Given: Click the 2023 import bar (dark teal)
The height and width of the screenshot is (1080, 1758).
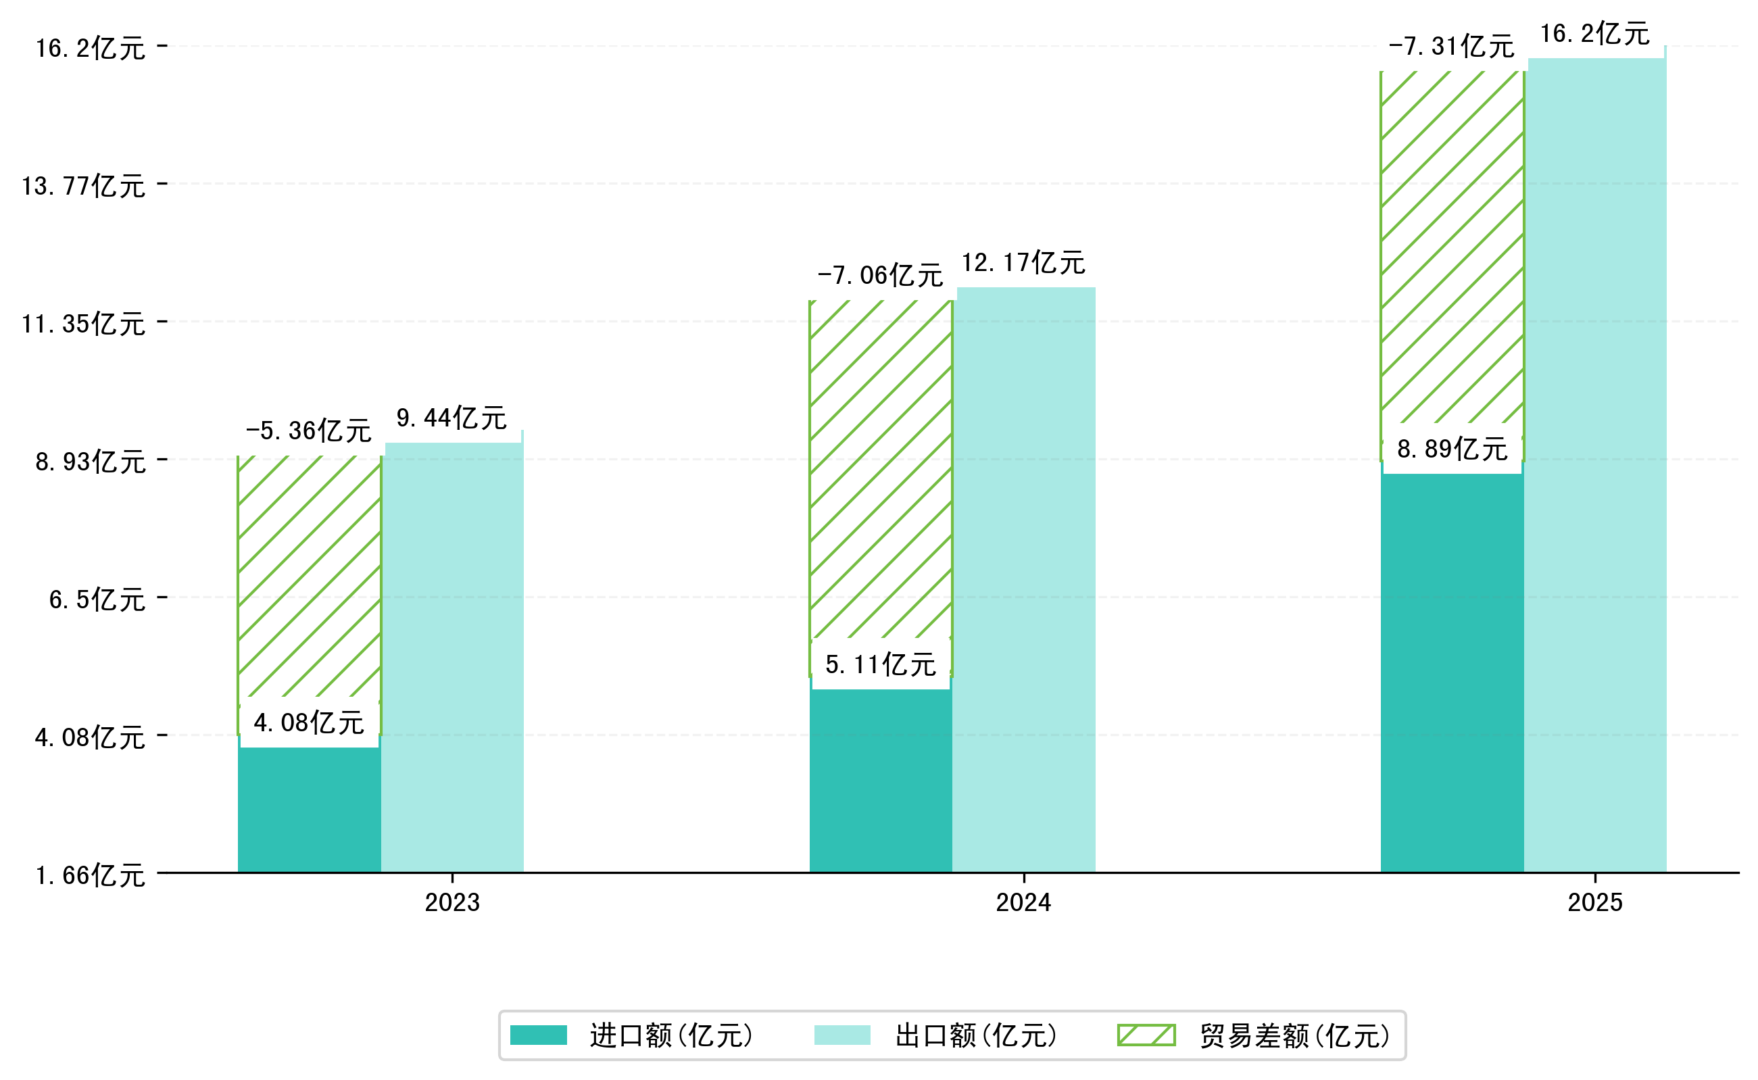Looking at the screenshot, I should click(x=309, y=811).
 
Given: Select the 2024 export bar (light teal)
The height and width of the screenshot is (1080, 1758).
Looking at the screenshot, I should click(x=1025, y=579).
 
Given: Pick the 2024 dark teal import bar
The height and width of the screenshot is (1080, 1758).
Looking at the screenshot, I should click(x=880, y=782).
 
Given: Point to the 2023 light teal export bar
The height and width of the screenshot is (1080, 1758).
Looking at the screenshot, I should click(x=454, y=657).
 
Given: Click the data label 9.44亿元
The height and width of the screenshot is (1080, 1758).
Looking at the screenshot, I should click(x=451, y=418).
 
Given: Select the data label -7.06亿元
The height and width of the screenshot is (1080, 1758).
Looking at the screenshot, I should click(x=880, y=276).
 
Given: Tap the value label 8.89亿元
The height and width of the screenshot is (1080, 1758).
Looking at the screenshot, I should click(x=1452, y=449).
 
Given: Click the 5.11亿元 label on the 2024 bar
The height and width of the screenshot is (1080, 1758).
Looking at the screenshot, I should click(x=880, y=665).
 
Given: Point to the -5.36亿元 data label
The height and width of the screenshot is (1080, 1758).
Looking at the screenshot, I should click(x=309, y=431).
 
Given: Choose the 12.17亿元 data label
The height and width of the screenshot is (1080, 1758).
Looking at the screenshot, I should click(x=1023, y=263).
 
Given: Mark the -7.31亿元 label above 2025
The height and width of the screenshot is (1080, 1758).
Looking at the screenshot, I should click(x=1451, y=47).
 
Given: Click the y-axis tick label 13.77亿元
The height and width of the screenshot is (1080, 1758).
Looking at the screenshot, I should click(x=84, y=187).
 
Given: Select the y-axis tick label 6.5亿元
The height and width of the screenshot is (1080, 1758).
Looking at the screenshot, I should click(x=97, y=600).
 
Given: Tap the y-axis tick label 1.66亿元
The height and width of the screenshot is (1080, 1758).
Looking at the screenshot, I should click(x=91, y=876).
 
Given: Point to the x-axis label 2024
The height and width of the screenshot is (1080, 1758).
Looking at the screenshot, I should click(x=1024, y=903).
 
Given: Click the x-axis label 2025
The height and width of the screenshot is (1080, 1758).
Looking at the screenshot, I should click(x=1595, y=903).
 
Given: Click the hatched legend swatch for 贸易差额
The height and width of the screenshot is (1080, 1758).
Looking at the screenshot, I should click(x=1146, y=1035).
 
